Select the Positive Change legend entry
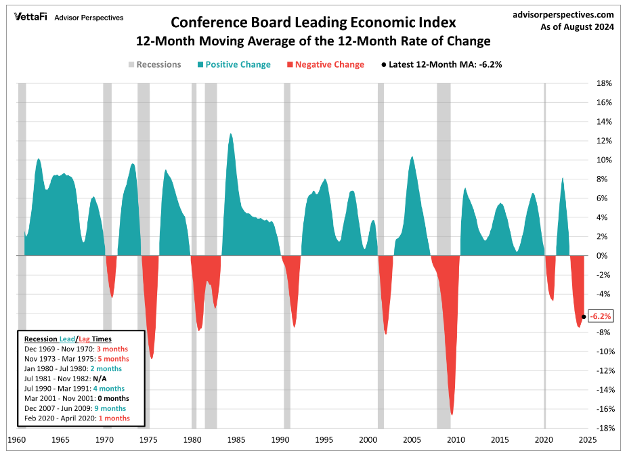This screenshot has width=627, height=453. click(x=233, y=65)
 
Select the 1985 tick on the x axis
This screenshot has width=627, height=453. click(x=236, y=439)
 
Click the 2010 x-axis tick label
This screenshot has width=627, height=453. click(x=456, y=439)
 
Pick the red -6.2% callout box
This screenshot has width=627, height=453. click(x=601, y=316)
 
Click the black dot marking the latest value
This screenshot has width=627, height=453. click(x=584, y=316)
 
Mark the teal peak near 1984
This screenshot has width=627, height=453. click(x=231, y=135)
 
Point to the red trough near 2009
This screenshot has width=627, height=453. click(x=452, y=414)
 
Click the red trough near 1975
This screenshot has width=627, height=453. click(x=152, y=357)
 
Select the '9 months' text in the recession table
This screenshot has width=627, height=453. click(x=112, y=408)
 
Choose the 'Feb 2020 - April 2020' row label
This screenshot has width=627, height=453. click(x=57, y=418)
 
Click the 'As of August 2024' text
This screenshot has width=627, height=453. click(x=577, y=28)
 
